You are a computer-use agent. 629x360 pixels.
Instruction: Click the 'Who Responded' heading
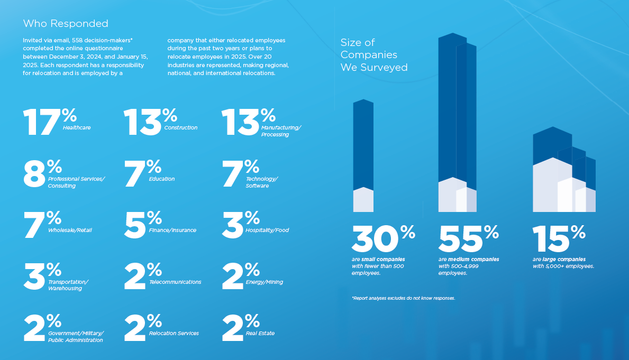[66, 23]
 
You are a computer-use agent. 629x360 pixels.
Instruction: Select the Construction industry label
[180, 128]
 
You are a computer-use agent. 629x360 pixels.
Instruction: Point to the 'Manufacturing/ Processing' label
[281, 131]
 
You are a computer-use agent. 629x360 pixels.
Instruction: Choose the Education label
[162, 179]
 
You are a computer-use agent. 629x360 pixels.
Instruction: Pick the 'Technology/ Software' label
[261, 182]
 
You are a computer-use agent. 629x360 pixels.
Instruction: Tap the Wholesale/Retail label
[70, 230]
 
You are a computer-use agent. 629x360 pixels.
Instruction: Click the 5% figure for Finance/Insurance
[142, 225]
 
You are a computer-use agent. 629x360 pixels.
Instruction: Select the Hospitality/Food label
[267, 230]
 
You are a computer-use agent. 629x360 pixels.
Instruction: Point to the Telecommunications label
[175, 282]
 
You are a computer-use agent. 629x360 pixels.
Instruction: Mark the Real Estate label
[260, 334]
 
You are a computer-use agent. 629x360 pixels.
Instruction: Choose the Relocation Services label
[174, 334]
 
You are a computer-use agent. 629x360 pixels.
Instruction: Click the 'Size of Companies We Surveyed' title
[374, 55]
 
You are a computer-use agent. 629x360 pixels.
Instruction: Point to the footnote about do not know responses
[403, 298]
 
